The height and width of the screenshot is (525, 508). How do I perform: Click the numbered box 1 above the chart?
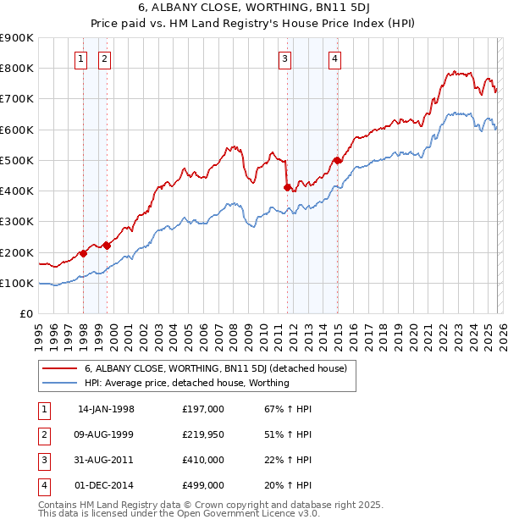point(80,58)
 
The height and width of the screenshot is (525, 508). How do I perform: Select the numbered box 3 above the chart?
point(284,58)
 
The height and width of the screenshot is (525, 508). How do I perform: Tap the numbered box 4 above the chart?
point(335,58)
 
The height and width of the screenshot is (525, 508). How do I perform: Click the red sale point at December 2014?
point(338,160)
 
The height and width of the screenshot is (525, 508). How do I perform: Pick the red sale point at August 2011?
point(288,187)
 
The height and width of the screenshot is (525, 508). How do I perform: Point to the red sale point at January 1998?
point(84,252)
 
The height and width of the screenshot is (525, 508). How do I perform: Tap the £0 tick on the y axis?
point(25,314)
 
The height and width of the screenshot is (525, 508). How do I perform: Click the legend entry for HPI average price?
point(186,383)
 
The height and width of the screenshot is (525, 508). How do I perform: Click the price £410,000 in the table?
point(203,460)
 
